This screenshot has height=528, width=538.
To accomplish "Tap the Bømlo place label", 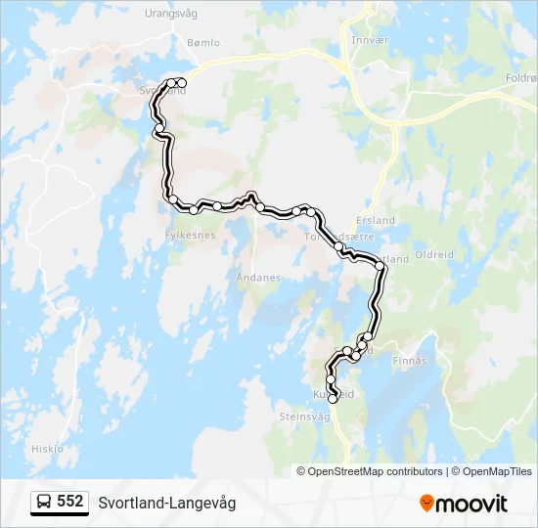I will point(203,43).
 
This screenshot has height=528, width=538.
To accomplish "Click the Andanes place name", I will point(258,278).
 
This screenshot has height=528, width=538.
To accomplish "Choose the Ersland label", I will point(377,221).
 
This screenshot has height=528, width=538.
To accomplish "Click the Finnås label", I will point(410,361).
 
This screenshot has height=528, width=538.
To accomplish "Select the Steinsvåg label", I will point(305,417).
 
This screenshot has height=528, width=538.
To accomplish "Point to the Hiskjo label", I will point(47,449).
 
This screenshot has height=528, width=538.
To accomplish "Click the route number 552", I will point(70,502).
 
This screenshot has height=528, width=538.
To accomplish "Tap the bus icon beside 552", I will point(45,503).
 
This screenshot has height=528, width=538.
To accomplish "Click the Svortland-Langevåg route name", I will point(166,503).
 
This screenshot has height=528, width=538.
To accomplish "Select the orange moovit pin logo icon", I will point(426,504).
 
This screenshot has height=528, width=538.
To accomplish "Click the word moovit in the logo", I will point(471,504).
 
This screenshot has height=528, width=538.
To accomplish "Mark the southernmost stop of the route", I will point(333,399).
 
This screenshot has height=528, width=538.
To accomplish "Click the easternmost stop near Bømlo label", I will point(183,82).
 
